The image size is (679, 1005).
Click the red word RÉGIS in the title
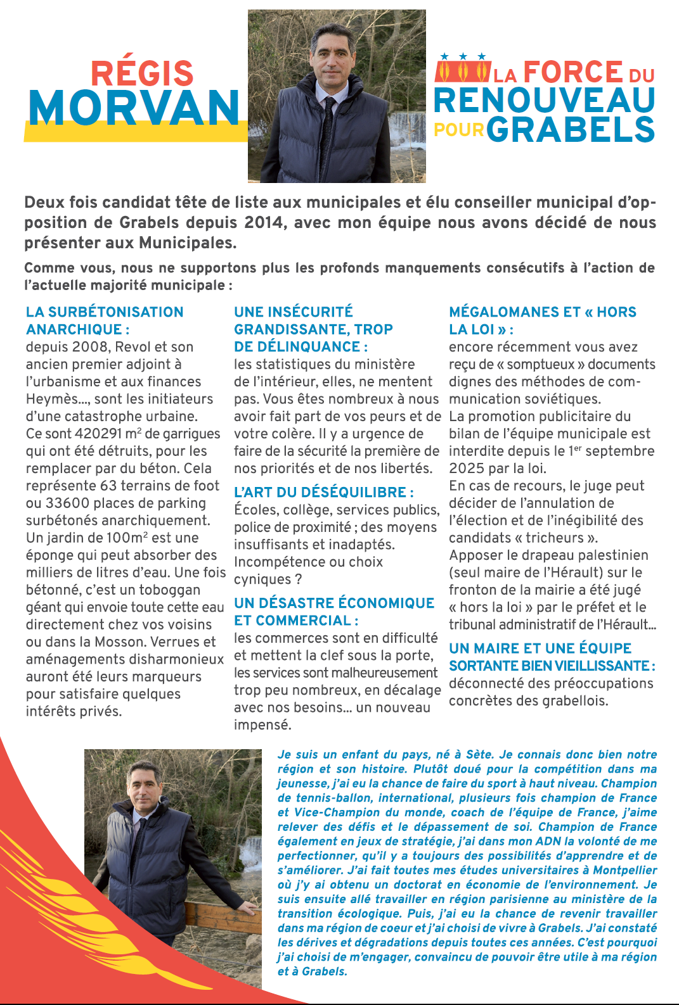(x=142, y=73)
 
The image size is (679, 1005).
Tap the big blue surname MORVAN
(x=134, y=108)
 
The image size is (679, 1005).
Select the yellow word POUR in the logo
(x=459, y=130)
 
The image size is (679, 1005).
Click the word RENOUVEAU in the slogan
(x=545, y=100)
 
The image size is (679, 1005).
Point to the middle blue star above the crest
(x=463, y=56)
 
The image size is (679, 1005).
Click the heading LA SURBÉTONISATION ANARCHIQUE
(x=105, y=320)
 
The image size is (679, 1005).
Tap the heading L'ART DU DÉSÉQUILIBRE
(x=323, y=492)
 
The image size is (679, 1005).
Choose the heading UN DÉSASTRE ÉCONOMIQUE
(x=334, y=603)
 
